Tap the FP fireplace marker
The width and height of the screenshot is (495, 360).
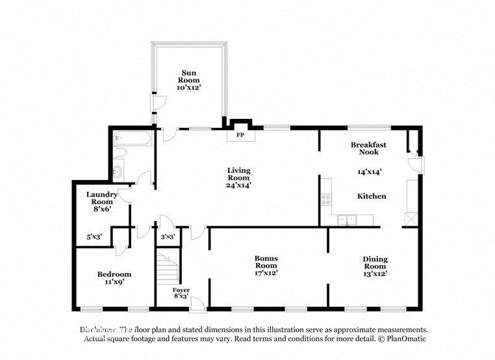coord(239,135)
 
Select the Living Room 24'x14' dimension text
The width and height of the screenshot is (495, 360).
coord(238,185)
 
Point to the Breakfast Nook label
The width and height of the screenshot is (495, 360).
coord(368,148)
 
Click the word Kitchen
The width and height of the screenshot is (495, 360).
coord(372,196)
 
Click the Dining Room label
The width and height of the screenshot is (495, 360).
coord(375,263)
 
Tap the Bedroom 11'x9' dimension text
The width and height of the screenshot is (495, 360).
coord(114,283)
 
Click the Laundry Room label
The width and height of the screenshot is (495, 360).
coord(101,198)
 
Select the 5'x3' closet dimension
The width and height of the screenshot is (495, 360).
coord(95,237)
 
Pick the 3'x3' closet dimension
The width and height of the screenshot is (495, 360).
coord(168,237)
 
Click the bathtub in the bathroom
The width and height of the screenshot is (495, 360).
coord(133,138)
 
